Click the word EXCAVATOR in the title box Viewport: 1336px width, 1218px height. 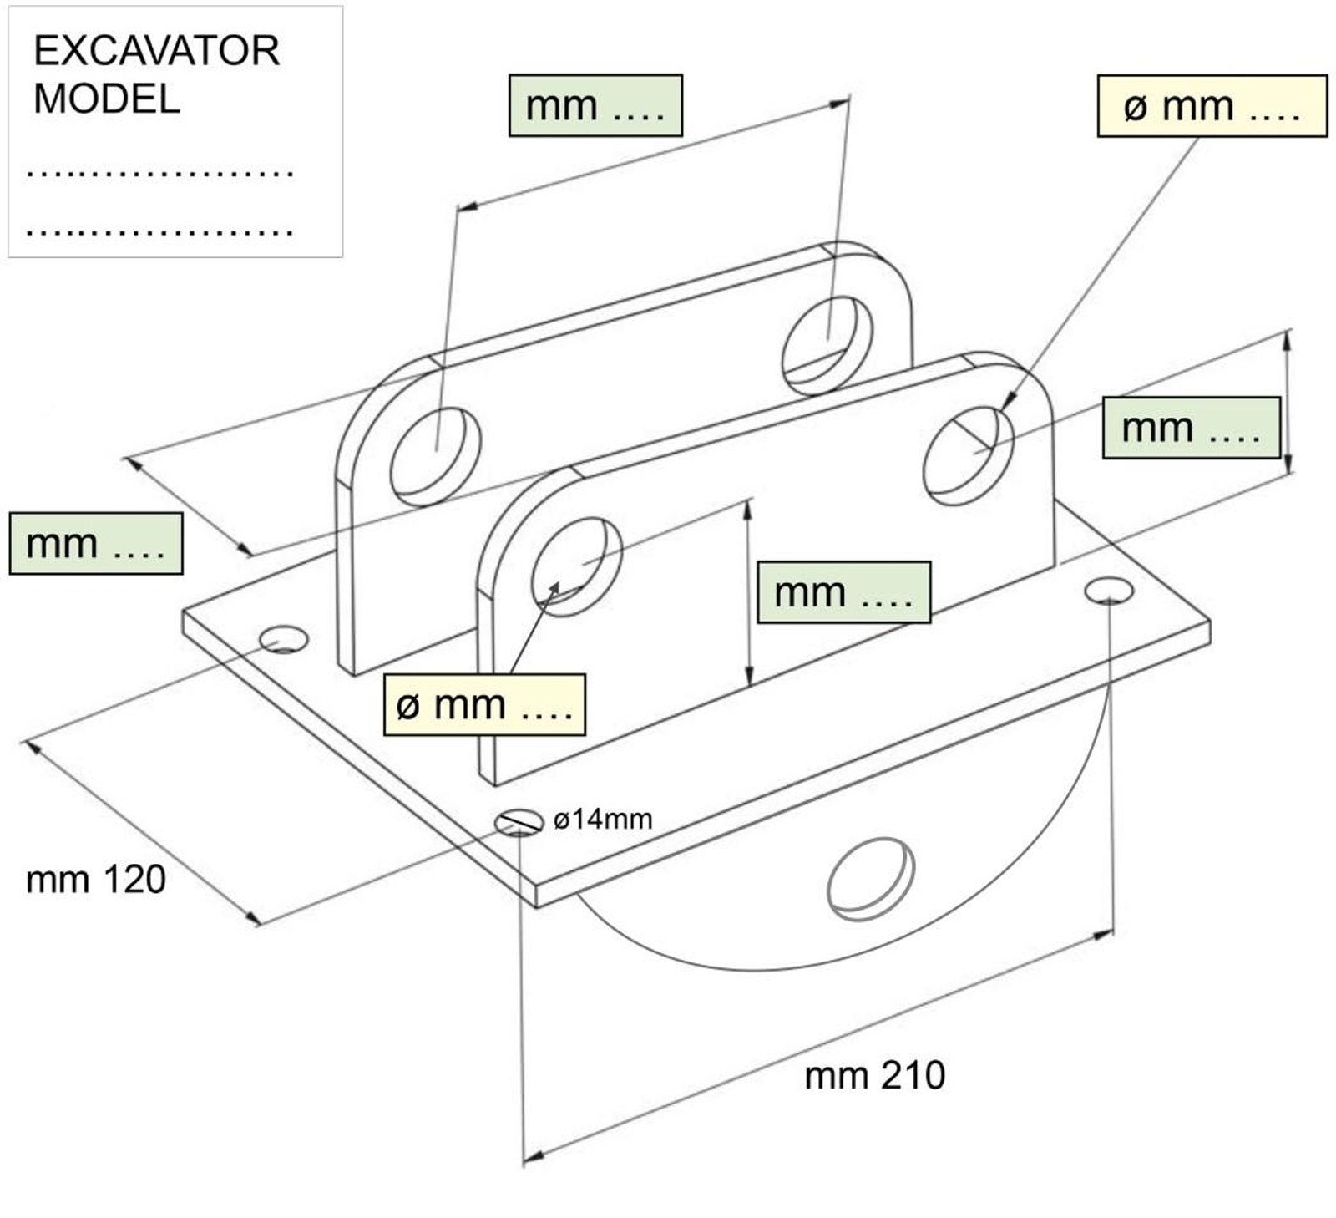[x=156, y=51]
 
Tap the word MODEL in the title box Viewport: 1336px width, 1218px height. [x=107, y=99]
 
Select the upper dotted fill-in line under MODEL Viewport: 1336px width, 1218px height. [x=159, y=173]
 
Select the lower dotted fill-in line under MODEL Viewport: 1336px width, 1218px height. [x=159, y=231]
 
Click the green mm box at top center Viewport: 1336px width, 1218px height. [x=595, y=106]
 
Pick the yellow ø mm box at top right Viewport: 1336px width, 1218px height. [x=1212, y=106]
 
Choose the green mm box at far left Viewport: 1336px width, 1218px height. [x=96, y=544]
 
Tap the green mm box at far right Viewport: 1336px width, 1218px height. [x=1191, y=428]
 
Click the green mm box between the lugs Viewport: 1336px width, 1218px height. [x=843, y=592]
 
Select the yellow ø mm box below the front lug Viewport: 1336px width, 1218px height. [x=484, y=705]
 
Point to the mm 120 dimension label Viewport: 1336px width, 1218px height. [x=96, y=880]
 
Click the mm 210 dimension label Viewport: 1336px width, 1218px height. [x=874, y=1075]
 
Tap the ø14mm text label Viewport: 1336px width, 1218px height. [x=603, y=820]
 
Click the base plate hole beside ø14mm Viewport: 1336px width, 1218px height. [x=519, y=823]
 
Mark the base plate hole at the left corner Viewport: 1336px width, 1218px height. [x=283, y=641]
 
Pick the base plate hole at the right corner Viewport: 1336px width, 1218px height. [x=1109, y=591]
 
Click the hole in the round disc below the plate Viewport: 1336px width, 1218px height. [x=870, y=878]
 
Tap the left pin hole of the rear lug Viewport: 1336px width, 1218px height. [x=435, y=456]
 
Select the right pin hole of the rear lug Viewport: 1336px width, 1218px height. [x=827, y=345]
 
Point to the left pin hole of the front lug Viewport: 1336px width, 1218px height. [x=576, y=566]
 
